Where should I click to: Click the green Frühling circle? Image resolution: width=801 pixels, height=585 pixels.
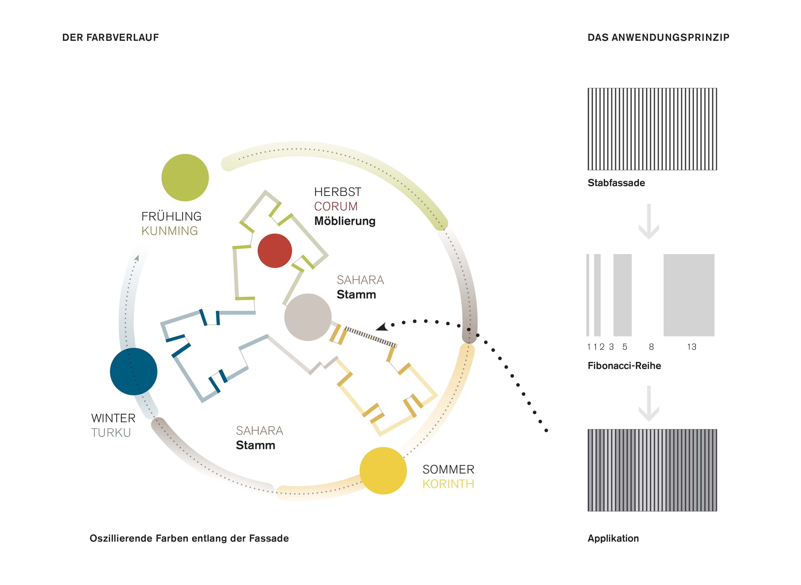[x=185, y=177]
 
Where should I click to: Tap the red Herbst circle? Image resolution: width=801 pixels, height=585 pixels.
[x=275, y=251]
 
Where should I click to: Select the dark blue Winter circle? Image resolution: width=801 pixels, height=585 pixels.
[x=133, y=371]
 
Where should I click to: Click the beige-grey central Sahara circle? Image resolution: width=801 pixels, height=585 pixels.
[x=308, y=317]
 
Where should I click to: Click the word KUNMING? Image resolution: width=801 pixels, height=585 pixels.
[x=170, y=231]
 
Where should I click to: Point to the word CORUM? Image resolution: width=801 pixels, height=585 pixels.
[x=336, y=206]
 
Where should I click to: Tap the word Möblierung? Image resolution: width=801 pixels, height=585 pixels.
[x=345, y=221]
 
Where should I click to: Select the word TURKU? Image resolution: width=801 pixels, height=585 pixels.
[x=111, y=433]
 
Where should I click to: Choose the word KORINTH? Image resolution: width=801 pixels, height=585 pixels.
[x=448, y=484]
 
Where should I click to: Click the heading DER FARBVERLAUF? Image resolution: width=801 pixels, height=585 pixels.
[x=110, y=38]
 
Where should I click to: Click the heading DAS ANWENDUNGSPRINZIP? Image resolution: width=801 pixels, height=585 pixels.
[x=658, y=38]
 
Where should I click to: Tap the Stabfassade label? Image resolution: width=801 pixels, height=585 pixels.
[x=616, y=183]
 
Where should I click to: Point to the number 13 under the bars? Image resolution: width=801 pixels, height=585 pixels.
[x=692, y=347]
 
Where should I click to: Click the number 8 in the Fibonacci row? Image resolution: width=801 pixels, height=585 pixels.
[x=651, y=347]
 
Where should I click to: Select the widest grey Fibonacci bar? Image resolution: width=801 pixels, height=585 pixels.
[x=689, y=295]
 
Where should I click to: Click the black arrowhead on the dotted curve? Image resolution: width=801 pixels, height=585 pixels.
[x=382, y=327]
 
